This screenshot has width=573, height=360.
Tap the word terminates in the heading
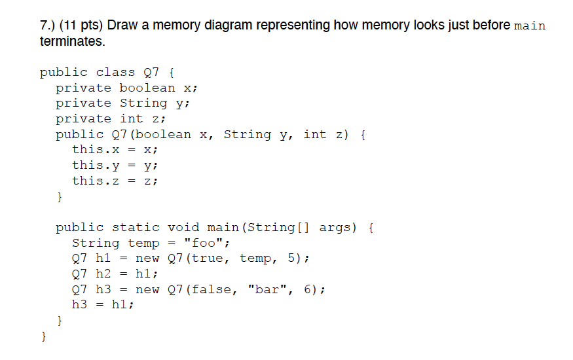(x=71, y=42)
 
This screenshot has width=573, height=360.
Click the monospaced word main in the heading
(x=530, y=26)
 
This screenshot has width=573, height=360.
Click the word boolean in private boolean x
(x=147, y=88)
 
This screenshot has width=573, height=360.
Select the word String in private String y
(x=143, y=103)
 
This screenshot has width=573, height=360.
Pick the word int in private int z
(x=132, y=119)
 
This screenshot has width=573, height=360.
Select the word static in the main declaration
(x=136, y=228)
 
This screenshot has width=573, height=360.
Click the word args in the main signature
(x=335, y=228)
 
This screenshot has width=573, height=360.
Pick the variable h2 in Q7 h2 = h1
(x=103, y=274)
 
